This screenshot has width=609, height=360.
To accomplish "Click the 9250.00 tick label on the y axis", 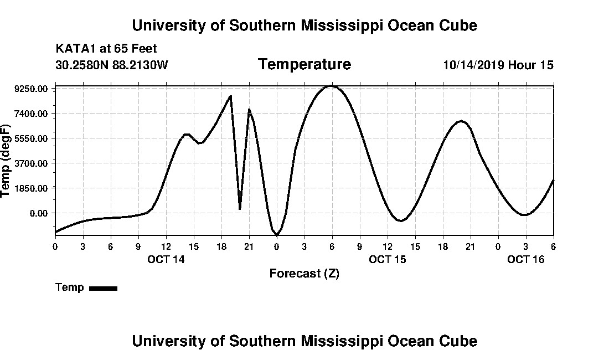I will pos(34,89).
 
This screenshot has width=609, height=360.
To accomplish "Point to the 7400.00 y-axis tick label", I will pos(34,114).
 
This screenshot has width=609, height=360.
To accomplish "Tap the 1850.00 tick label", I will pos(34,188).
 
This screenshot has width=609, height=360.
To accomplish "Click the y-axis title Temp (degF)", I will pos(7,161).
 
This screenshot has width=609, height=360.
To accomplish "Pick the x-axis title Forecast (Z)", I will pos(304,273).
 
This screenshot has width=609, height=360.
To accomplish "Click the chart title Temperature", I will pos(304,64).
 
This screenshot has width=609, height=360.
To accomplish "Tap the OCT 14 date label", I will pos(166,259).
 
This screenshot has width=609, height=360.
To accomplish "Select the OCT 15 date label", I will pos(388,259).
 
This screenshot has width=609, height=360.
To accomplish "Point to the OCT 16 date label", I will pos(526,259).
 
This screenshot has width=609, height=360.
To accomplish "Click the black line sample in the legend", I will pos(103,288).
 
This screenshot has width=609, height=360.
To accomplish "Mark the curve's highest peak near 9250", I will pos(332,86).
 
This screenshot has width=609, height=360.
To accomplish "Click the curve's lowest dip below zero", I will pos(277,235).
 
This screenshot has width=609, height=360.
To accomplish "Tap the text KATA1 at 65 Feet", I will pos(106,49).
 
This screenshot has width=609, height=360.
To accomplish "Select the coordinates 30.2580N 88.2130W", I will pos(112,65).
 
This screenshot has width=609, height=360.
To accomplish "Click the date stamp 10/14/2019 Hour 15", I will pos(498,65).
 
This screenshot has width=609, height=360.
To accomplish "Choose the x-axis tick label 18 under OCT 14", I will pos(221,246).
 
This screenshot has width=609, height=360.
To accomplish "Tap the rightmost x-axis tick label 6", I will pos(553,246).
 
